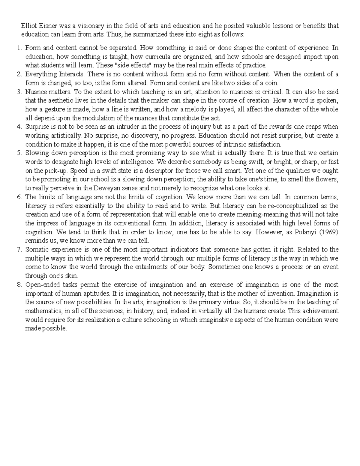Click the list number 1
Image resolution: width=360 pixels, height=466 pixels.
[20, 48]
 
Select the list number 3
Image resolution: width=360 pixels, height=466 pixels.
[20, 92]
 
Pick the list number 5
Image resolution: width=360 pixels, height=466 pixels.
[20, 153]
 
